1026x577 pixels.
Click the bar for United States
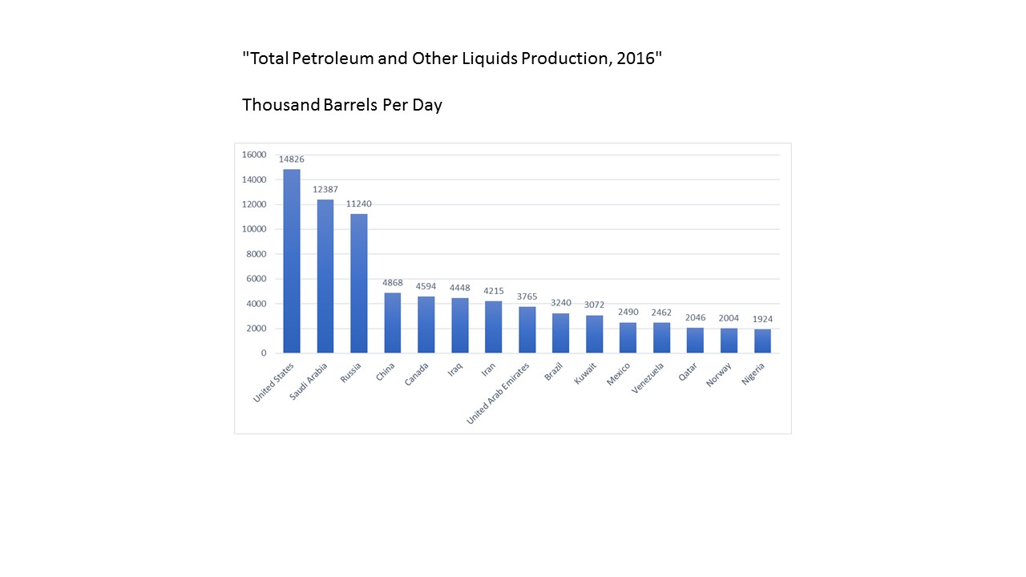(292, 261)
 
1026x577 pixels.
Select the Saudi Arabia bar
(325, 276)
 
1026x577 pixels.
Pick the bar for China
(393, 323)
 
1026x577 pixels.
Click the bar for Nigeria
(762, 341)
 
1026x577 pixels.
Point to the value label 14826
(292, 159)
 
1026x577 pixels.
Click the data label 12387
(325, 190)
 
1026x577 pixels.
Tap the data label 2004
(729, 318)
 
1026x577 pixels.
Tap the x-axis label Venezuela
(648, 379)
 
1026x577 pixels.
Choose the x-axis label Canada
(417, 375)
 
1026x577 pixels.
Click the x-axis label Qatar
(689, 373)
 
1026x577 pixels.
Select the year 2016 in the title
(636, 59)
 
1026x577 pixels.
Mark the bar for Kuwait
(594, 334)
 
